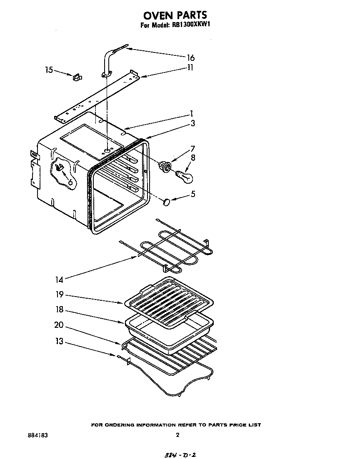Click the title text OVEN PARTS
click(175, 15)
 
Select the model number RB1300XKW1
click(190, 25)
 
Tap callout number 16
click(190, 58)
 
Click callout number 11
click(190, 67)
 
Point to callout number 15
click(49, 70)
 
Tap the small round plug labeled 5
click(167, 202)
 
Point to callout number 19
click(59, 294)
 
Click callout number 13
click(59, 342)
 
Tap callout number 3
click(192, 123)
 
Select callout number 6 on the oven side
click(70, 182)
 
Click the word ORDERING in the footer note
click(125, 425)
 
